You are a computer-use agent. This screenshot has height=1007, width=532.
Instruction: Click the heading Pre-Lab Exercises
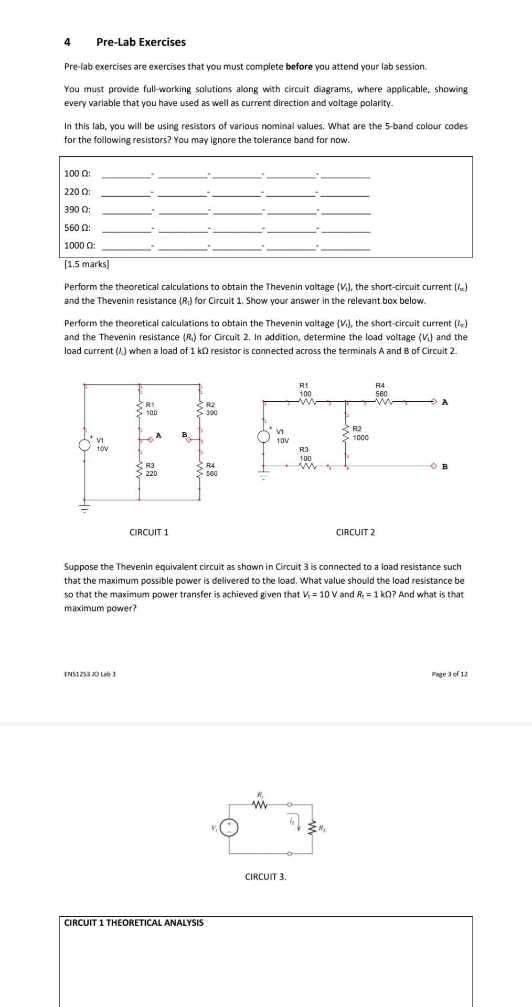pos(141,42)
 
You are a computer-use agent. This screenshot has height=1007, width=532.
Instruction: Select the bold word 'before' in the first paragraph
pos(299,67)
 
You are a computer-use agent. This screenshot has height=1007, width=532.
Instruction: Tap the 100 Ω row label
pos(77,174)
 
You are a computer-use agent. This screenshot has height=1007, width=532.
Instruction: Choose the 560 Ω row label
pos(77,228)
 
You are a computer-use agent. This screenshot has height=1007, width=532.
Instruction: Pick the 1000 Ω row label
pos(79,245)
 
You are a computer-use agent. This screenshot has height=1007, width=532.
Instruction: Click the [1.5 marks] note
pos(87,264)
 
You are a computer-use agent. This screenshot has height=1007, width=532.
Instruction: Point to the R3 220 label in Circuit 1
pos(151,469)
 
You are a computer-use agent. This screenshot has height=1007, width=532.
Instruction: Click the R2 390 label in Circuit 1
pos(211,409)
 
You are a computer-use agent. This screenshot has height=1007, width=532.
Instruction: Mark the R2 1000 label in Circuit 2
pos(360,433)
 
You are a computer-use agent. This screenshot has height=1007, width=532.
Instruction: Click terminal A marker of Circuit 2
pos(434,402)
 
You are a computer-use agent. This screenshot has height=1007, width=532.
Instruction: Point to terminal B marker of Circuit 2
pos(434,466)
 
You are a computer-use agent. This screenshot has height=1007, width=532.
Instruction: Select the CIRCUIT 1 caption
pos(149,532)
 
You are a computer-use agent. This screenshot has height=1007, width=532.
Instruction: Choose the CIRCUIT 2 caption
pos(355,532)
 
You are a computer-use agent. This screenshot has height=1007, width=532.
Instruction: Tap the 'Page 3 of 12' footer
pos(449,674)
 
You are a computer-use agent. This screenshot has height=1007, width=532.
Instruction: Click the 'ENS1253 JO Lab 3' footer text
pos(90,674)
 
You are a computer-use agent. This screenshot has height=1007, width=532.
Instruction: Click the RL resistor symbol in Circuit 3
pos(313,829)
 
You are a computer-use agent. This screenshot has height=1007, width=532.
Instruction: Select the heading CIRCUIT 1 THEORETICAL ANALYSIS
pos(134,923)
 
